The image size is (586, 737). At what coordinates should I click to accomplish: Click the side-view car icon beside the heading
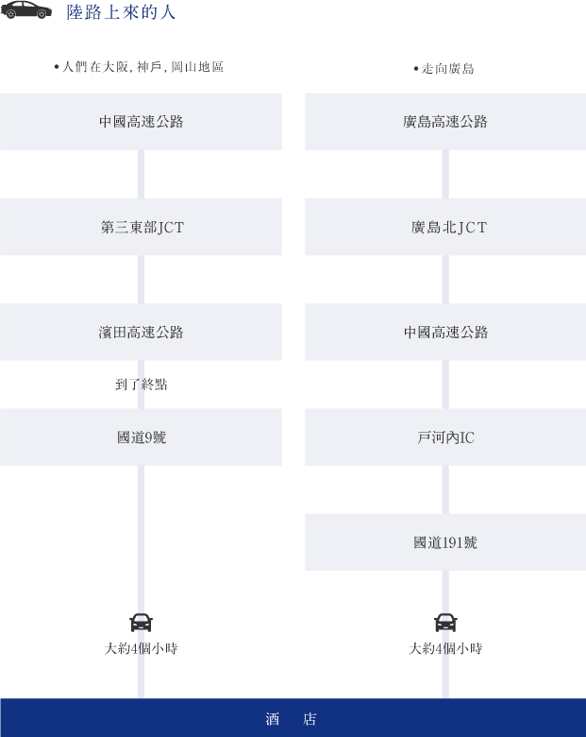pyautogui.click(x=26, y=9)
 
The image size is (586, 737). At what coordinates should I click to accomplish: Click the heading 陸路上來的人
pyautogui.click(x=121, y=12)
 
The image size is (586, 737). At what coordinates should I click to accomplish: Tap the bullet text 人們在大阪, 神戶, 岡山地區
pyautogui.click(x=139, y=67)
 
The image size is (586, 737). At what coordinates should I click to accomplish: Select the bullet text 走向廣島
pyautogui.click(x=444, y=69)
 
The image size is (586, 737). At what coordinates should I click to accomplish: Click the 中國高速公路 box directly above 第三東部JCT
pyautogui.click(x=141, y=122)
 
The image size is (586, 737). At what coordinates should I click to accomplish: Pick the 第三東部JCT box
pyautogui.click(x=141, y=227)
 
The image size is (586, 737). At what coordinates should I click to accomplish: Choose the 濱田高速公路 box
pyautogui.click(x=141, y=332)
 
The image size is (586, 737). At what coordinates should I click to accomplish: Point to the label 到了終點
pyautogui.click(x=142, y=385)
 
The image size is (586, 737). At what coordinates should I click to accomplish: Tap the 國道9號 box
pyautogui.click(x=141, y=437)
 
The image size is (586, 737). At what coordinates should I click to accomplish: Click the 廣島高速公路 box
pyautogui.click(x=445, y=122)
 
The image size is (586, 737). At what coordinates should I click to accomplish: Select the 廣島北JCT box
pyautogui.click(x=445, y=227)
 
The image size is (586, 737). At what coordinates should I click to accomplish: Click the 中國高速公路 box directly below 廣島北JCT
pyautogui.click(x=445, y=332)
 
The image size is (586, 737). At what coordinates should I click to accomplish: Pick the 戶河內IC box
pyautogui.click(x=445, y=437)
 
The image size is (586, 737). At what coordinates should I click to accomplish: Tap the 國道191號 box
pyautogui.click(x=445, y=542)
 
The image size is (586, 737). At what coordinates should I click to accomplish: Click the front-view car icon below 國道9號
pyautogui.click(x=141, y=623)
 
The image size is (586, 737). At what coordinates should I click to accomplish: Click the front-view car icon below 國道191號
pyautogui.click(x=445, y=623)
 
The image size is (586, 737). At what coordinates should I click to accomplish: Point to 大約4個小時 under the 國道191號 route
pyautogui.click(x=445, y=648)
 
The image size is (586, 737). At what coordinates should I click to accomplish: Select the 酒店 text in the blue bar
pyautogui.click(x=292, y=719)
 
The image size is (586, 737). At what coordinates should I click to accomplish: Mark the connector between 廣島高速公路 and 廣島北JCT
pyautogui.click(x=445, y=175)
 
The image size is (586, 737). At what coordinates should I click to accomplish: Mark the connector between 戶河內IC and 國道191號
pyautogui.click(x=445, y=489)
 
